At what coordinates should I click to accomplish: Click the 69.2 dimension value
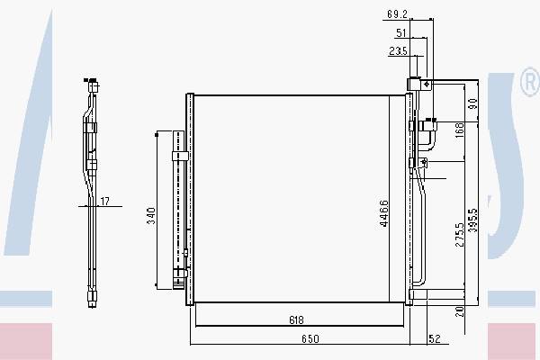click(x=398, y=14)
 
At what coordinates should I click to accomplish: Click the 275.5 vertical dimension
click(x=459, y=234)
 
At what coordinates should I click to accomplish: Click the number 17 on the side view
click(x=105, y=201)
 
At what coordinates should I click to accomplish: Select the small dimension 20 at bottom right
click(x=459, y=311)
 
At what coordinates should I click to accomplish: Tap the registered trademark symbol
click(x=529, y=85)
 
